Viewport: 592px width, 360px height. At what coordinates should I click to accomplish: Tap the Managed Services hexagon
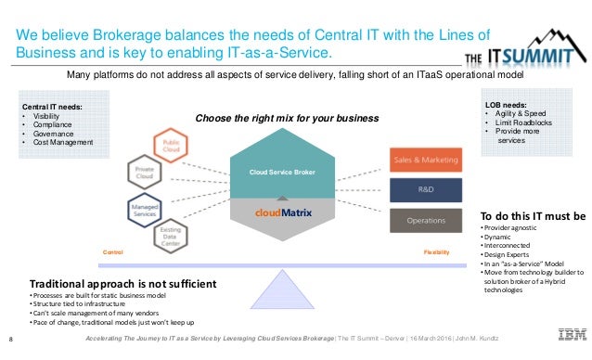click(x=145, y=209)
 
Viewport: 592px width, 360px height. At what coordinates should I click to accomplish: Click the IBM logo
click(x=565, y=335)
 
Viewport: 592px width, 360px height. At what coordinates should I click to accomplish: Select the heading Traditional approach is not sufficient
click(x=122, y=283)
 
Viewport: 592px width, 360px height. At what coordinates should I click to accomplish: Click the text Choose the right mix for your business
click(x=287, y=118)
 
